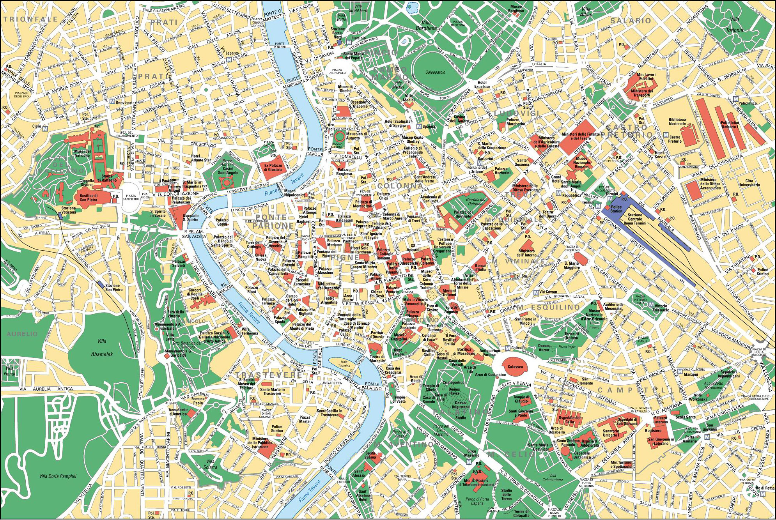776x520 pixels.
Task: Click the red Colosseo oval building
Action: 516,367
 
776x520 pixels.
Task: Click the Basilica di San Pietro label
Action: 89,198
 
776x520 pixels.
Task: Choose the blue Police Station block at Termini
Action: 617,209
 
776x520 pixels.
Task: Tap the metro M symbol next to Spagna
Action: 419,126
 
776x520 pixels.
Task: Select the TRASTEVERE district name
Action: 269,375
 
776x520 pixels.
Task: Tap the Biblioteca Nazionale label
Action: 677,122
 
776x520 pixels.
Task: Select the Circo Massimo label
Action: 472,453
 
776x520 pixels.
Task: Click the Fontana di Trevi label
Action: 413,218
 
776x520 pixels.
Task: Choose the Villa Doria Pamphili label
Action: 58,476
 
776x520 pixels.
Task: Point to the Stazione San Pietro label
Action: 114,287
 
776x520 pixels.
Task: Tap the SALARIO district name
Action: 631,21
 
